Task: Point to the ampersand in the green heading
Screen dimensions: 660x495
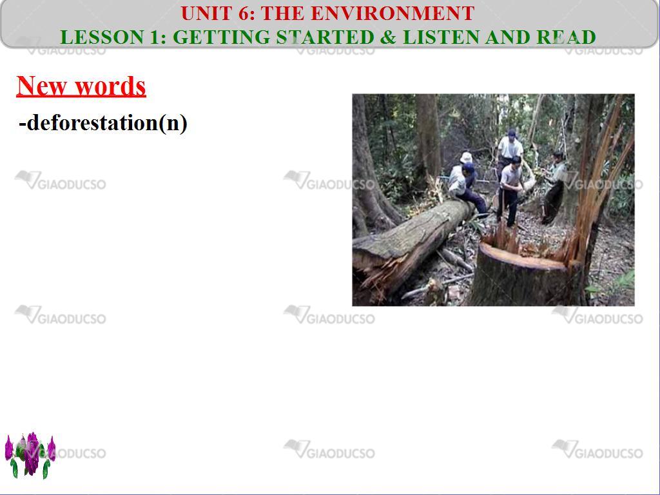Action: coord(388,37)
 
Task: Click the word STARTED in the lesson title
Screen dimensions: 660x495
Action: coord(325,37)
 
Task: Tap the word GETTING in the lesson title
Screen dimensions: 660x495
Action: coord(222,37)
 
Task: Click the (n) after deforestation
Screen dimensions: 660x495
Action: coord(173,123)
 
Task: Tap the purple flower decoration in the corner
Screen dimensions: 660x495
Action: coord(30,455)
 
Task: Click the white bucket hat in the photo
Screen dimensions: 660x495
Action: coord(466,157)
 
